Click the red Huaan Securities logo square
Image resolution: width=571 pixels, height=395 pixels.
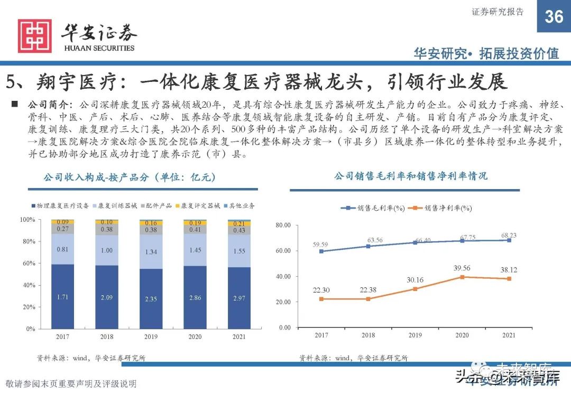pyautogui.click(x=35, y=36)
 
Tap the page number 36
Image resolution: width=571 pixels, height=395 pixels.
pyautogui.click(x=554, y=16)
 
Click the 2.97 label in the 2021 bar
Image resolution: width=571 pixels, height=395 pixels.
pyautogui.click(x=239, y=299)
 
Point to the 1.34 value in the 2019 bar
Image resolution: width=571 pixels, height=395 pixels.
pyautogui.click(x=151, y=252)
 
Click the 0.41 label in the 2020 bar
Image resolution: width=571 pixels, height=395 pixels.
pyautogui.click(x=195, y=230)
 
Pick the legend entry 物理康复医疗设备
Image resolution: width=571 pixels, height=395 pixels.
pyautogui.click(x=61, y=205)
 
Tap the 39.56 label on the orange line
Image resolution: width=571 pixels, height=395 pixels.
pyautogui.click(x=462, y=268)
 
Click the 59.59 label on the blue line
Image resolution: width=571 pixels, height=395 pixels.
pyautogui.click(x=321, y=244)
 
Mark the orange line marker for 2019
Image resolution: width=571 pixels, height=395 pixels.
pyautogui.click(x=416, y=289)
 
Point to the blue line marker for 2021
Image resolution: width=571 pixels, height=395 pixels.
pyautogui.click(x=509, y=240)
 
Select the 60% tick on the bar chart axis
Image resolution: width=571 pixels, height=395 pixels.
pyautogui.click(x=27, y=263)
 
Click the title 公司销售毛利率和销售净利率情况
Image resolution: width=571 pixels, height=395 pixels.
pyautogui.click(x=410, y=176)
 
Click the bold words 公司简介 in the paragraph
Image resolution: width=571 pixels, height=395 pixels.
pyautogui.click(x=47, y=104)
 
